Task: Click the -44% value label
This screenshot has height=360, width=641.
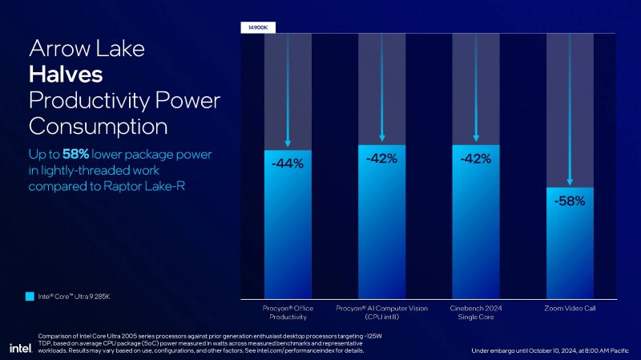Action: pos(288,164)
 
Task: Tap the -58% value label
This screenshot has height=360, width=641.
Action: pos(570,201)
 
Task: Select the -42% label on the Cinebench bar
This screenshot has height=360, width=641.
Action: pos(476,159)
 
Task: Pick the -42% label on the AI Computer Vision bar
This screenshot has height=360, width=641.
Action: pos(381,159)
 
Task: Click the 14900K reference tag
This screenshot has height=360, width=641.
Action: pos(259,27)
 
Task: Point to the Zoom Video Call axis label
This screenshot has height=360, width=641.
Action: pos(570,308)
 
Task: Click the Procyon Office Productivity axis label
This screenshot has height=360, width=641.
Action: pos(288,312)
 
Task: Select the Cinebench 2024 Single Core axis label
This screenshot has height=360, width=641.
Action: pos(476,312)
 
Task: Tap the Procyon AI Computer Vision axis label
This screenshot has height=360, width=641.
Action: pos(381,312)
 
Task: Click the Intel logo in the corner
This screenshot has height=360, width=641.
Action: pos(20,348)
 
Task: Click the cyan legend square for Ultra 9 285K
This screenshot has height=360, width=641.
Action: pos(30,297)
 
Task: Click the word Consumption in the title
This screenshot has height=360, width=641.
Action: pos(99,126)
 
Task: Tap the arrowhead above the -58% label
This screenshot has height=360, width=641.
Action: pos(570,184)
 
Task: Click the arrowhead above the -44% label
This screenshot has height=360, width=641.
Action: pos(288,147)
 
